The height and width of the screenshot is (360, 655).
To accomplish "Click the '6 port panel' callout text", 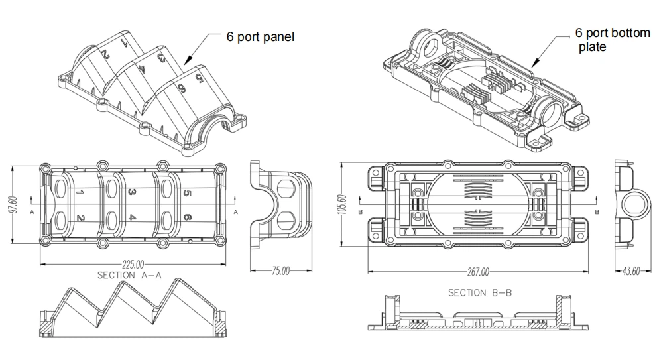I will tap(260, 37).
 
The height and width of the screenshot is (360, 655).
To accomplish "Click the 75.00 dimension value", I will tap(281, 270).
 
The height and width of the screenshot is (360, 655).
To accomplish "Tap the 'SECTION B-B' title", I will tap(479, 292).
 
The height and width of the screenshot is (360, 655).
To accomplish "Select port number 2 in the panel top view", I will tap(81, 218).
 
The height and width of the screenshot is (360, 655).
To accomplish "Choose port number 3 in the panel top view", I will tap(133, 192).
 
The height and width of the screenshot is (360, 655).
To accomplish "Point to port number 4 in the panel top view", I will tap(133, 217).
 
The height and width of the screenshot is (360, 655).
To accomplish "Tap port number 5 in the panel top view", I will tap(187, 193).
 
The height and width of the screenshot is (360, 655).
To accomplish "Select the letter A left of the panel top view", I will tap(32, 211).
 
